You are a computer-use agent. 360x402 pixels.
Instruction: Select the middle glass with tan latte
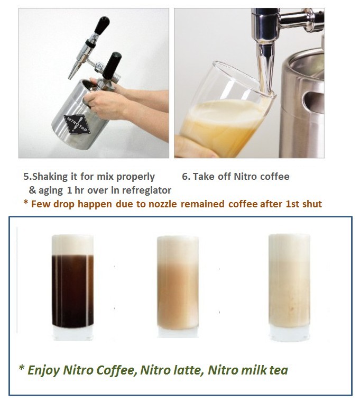coord(178,288)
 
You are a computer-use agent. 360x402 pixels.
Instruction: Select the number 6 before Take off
coord(184,176)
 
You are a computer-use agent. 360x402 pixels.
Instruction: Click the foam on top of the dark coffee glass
coord(72,244)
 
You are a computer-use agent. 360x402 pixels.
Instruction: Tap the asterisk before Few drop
coord(25,204)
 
